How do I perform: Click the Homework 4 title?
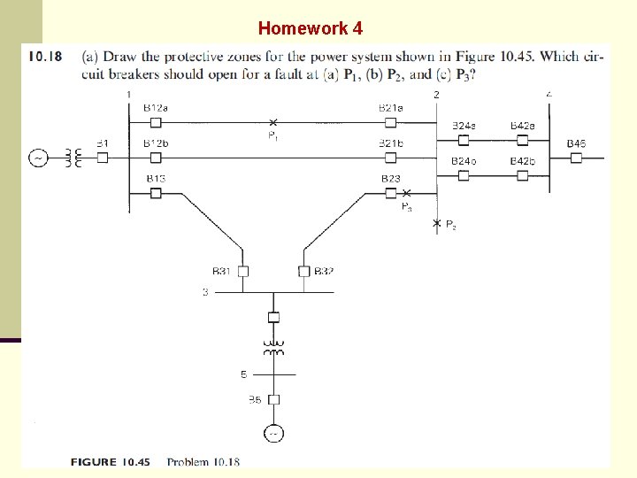click(310, 28)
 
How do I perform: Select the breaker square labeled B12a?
click(156, 122)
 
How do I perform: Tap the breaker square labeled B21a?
click(390, 122)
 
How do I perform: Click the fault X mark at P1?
click(272, 122)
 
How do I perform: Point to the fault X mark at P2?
click(436, 223)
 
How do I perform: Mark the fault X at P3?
click(406, 193)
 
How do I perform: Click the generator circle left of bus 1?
click(40, 158)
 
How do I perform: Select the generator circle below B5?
click(274, 434)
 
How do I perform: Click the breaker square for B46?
click(576, 158)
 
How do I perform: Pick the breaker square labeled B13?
click(156, 193)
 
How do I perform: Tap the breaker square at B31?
click(244, 271)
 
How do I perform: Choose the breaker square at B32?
click(303, 271)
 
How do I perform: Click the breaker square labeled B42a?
click(523, 140)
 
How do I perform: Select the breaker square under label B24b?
click(463, 175)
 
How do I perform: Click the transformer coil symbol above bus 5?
click(274, 346)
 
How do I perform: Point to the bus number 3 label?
click(205, 292)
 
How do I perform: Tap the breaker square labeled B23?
click(390, 193)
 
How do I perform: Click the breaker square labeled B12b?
click(156, 158)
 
